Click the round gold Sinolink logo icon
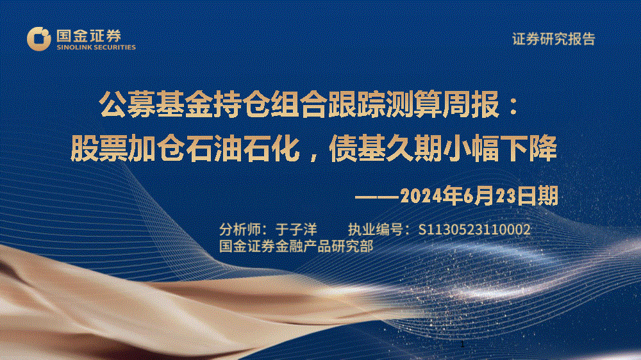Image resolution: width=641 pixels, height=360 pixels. [x=39, y=39]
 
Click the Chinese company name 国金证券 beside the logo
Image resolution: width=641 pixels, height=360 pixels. [x=88, y=36]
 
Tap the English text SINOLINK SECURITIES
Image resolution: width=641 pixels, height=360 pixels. [x=96, y=47]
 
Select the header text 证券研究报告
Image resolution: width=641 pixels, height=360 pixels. [x=554, y=39]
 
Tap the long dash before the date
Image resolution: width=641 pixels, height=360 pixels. [x=377, y=197]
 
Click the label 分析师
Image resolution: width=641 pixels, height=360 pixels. [x=240, y=230]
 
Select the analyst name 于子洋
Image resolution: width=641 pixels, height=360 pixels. [x=296, y=230]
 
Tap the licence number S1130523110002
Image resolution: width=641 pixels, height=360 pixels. [x=474, y=230]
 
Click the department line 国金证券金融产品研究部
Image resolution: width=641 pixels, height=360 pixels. [x=296, y=247]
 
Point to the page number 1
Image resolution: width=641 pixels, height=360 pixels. [x=462, y=345]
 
